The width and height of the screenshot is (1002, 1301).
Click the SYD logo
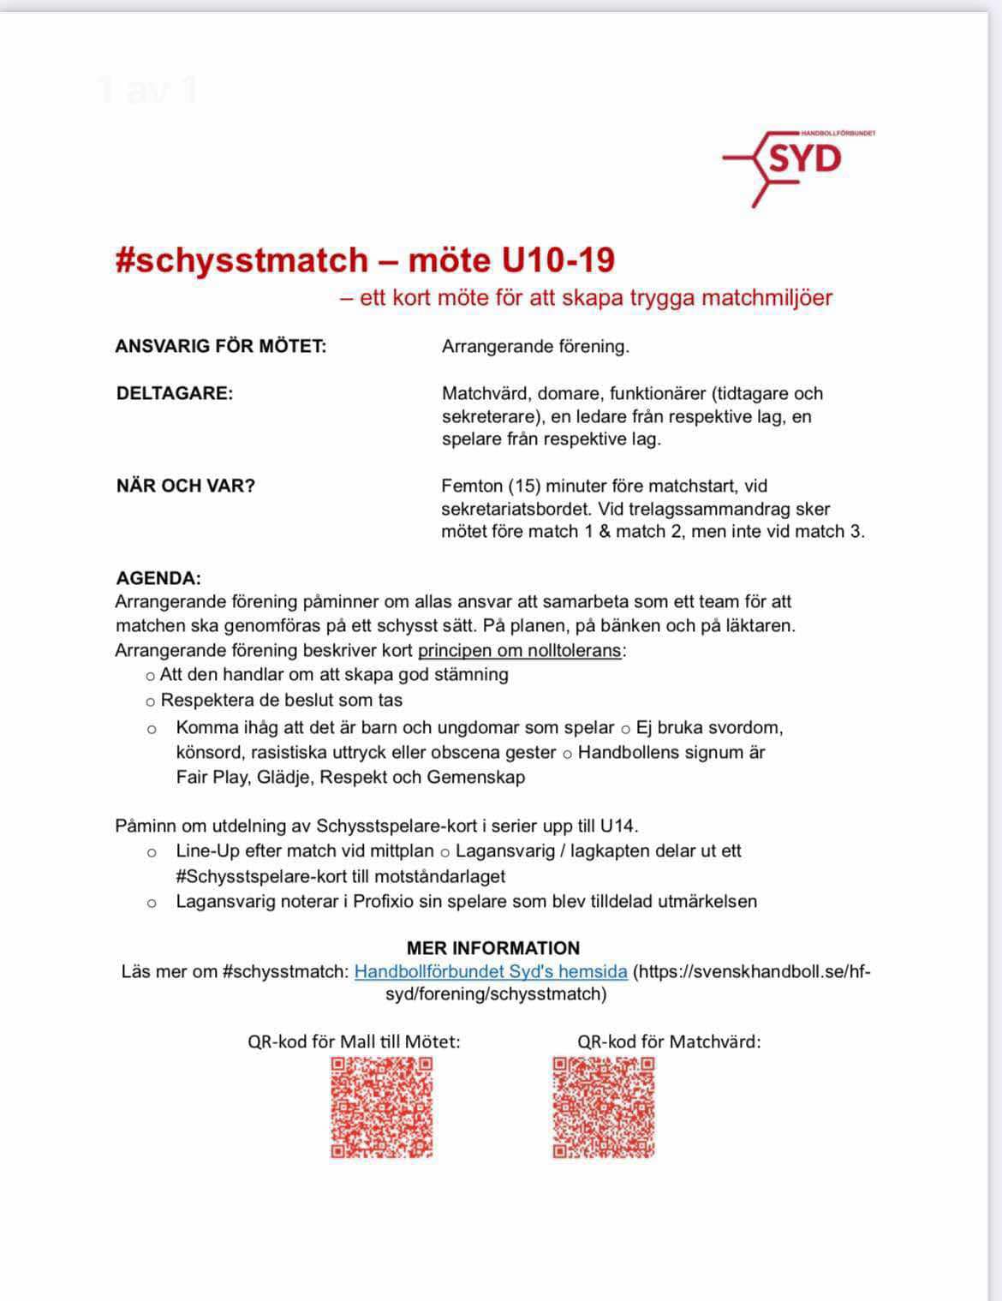pos(799,162)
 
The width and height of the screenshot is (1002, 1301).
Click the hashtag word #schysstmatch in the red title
pos(242,260)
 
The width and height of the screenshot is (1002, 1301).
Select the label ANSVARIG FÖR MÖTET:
pos(221,347)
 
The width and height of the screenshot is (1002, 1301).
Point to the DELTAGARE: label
pos(175,394)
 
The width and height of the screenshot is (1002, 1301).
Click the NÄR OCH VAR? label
pos(186,486)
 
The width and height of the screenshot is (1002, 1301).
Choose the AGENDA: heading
pos(158,578)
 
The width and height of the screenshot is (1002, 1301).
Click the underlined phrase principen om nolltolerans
pos(519,650)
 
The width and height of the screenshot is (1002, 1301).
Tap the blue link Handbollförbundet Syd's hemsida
pos(491,971)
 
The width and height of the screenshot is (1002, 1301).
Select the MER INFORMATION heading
pos(493,948)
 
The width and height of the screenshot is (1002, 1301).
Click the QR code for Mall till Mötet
pos(382,1107)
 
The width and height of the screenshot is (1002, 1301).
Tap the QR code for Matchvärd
pos(604,1107)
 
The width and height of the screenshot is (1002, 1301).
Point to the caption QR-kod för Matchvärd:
pos(669,1041)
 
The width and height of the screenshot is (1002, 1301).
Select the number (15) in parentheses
pos(523,486)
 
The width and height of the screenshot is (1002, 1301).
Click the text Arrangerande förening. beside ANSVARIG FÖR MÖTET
pos(535,347)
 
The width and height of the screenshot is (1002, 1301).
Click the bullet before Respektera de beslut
pos(151,701)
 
